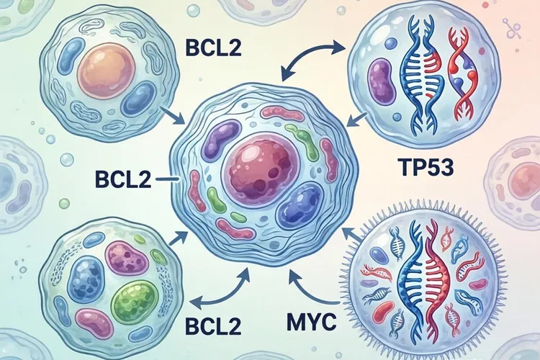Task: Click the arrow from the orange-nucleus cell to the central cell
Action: pyautogui.click(x=171, y=113)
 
